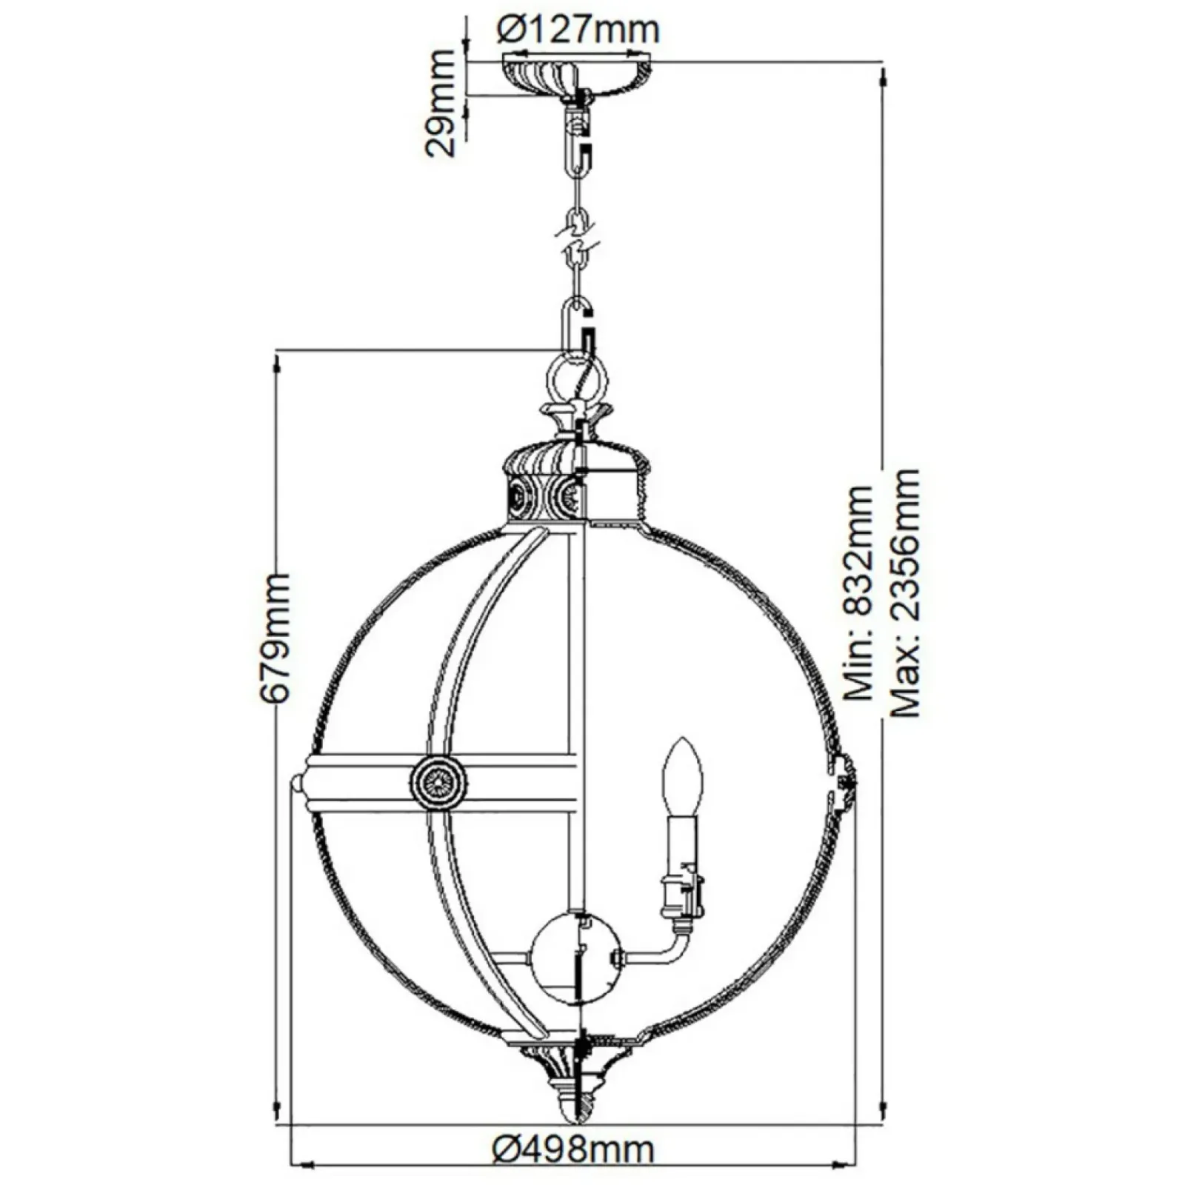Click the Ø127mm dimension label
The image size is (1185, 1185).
coord(577,30)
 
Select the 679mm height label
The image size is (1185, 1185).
coord(275,637)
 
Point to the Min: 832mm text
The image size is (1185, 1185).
coord(860,593)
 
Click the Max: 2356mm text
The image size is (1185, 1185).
coord(904,593)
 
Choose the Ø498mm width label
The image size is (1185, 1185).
coord(574,1149)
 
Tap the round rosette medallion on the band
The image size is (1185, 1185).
coord(439,781)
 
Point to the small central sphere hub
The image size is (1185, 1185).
coord(575,958)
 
